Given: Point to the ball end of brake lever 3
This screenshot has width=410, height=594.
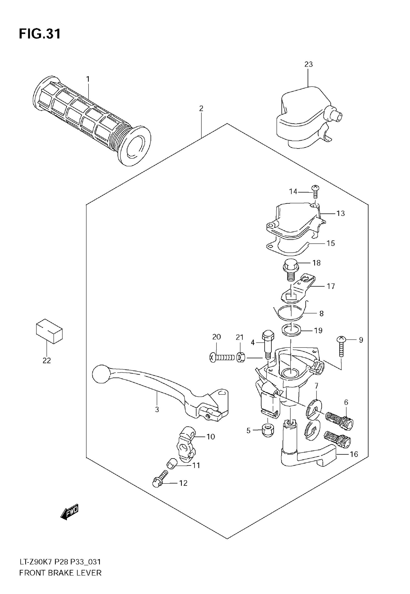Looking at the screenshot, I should pyautogui.click(x=101, y=373).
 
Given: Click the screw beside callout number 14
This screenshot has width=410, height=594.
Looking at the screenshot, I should pyautogui.click(x=315, y=192).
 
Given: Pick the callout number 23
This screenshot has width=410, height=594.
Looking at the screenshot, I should pyautogui.click(x=308, y=64).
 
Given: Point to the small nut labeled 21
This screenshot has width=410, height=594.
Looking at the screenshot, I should pyautogui.click(x=240, y=357).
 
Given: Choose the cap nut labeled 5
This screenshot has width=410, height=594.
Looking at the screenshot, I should pyautogui.click(x=268, y=430).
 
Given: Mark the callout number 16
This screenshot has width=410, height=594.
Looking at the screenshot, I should pyautogui.click(x=354, y=454).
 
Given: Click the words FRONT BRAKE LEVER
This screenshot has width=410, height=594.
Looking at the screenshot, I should pyautogui.click(x=60, y=573).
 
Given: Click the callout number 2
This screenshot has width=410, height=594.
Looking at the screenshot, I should pyautogui.click(x=201, y=108).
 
